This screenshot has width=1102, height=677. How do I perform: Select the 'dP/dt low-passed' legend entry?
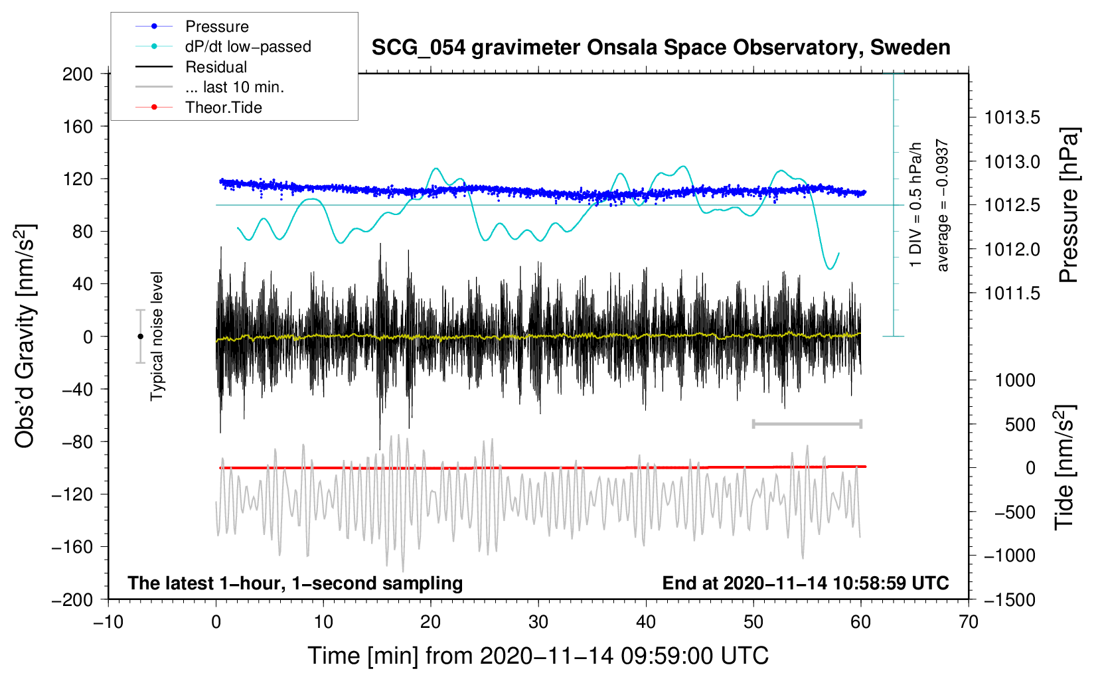248,46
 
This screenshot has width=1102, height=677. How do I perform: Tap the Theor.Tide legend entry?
223,108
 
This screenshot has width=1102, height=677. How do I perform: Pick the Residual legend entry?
216,67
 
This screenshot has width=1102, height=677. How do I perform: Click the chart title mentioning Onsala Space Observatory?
661,48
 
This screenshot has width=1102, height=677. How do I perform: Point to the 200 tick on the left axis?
78,74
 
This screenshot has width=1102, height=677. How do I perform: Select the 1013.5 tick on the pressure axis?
1012,118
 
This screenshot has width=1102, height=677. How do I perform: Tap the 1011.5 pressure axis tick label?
1012,293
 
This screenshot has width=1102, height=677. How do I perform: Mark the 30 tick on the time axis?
538,622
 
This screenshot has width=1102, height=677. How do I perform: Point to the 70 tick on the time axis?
969,622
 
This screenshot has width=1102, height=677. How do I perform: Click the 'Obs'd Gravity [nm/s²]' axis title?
25,337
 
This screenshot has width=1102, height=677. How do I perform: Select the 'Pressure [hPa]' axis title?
1068,205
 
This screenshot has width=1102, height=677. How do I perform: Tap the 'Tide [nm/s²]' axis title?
1064,467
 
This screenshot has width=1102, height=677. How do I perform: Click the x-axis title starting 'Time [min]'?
538,656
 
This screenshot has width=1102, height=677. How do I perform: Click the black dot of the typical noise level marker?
140,337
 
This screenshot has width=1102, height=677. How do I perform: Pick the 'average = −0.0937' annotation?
943,205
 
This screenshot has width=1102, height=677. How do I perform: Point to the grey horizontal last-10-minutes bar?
807,423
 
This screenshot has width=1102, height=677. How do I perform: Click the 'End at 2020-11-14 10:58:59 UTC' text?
805,583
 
